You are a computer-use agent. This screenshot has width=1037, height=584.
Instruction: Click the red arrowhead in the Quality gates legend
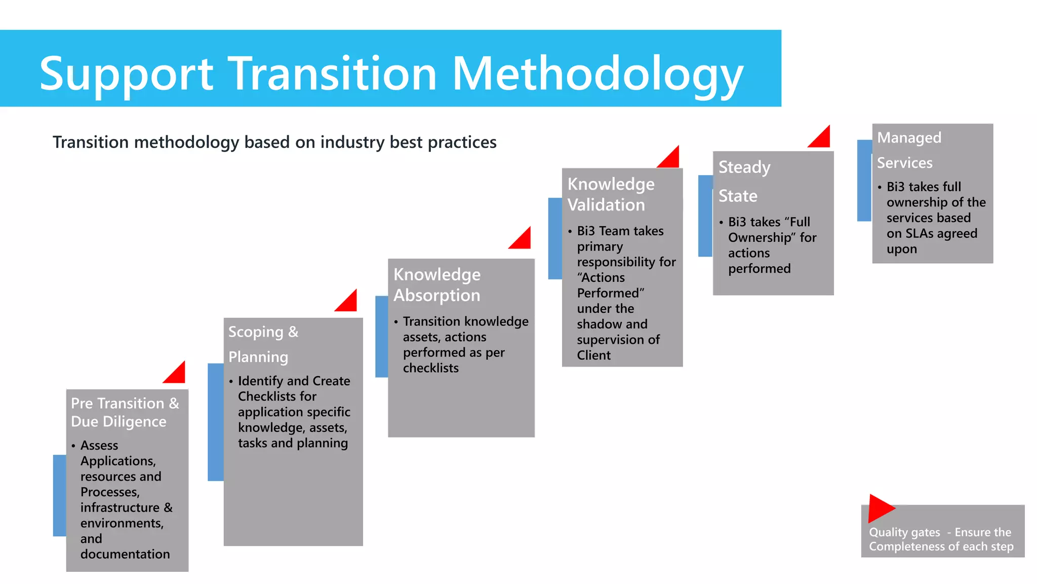point(880,508)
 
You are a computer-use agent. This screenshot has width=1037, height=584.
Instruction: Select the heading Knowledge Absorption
point(437,285)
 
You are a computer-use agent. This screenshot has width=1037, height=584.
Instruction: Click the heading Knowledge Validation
point(611,194)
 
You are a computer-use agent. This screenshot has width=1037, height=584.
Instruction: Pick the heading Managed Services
point(909,150)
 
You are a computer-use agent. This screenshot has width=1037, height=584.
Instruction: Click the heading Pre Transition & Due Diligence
point(125,412)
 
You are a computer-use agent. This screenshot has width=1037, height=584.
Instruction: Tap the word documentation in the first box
point(125,554)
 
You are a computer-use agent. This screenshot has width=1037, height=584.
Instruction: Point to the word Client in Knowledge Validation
point(593,355)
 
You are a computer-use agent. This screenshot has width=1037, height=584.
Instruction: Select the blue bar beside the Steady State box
point(705,215)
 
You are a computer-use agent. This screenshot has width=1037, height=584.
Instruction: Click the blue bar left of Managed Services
point(864,180)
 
